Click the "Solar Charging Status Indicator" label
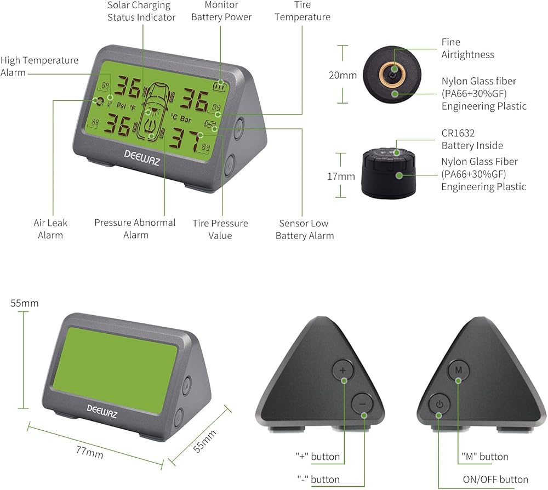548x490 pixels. pyautogui.click(x=141, y=11)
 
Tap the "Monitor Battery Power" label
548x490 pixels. pyautogui.click(x=221, y=11)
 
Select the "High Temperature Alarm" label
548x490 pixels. pyautogui.click(x=39, y=66)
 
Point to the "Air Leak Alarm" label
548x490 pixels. pyautogui.click(x=50, y=229)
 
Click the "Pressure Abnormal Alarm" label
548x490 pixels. pyautogui.click(x=135, y=229)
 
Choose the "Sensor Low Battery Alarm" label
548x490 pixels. pyautogui.click(x=305, y=229)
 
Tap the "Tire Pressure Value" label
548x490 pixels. pyautogui.click(x=220, y=229)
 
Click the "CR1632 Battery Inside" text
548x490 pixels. pyautogui.click(x=472, y=139)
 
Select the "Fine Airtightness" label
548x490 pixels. pyautogui.click(x=467, y=48)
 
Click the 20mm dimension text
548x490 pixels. pyautogui.click(x=342, y=76)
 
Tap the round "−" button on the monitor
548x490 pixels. pyautogui.click(x=362, y=404)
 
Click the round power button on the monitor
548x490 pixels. pyautogui.click(x=438, y=405)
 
